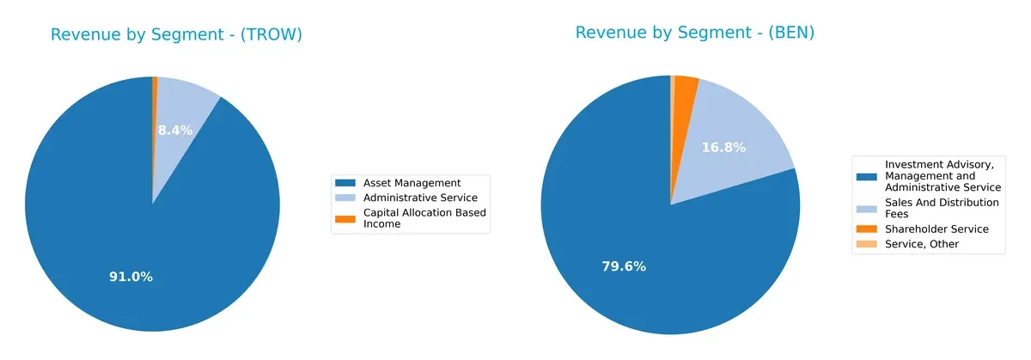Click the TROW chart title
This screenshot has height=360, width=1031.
176,35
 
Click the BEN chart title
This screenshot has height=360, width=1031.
694,34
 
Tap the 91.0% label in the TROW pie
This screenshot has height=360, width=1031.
131,277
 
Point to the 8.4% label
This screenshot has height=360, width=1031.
175,131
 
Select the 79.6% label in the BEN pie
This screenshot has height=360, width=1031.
623,266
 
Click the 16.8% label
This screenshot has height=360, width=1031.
723,148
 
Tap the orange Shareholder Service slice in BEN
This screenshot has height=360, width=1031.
684,90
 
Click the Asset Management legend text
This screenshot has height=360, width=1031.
412,183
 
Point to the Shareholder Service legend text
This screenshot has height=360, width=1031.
937,229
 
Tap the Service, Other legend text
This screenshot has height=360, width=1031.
922,244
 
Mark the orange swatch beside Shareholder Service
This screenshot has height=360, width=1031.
868,229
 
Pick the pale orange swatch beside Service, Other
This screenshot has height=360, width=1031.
868,244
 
